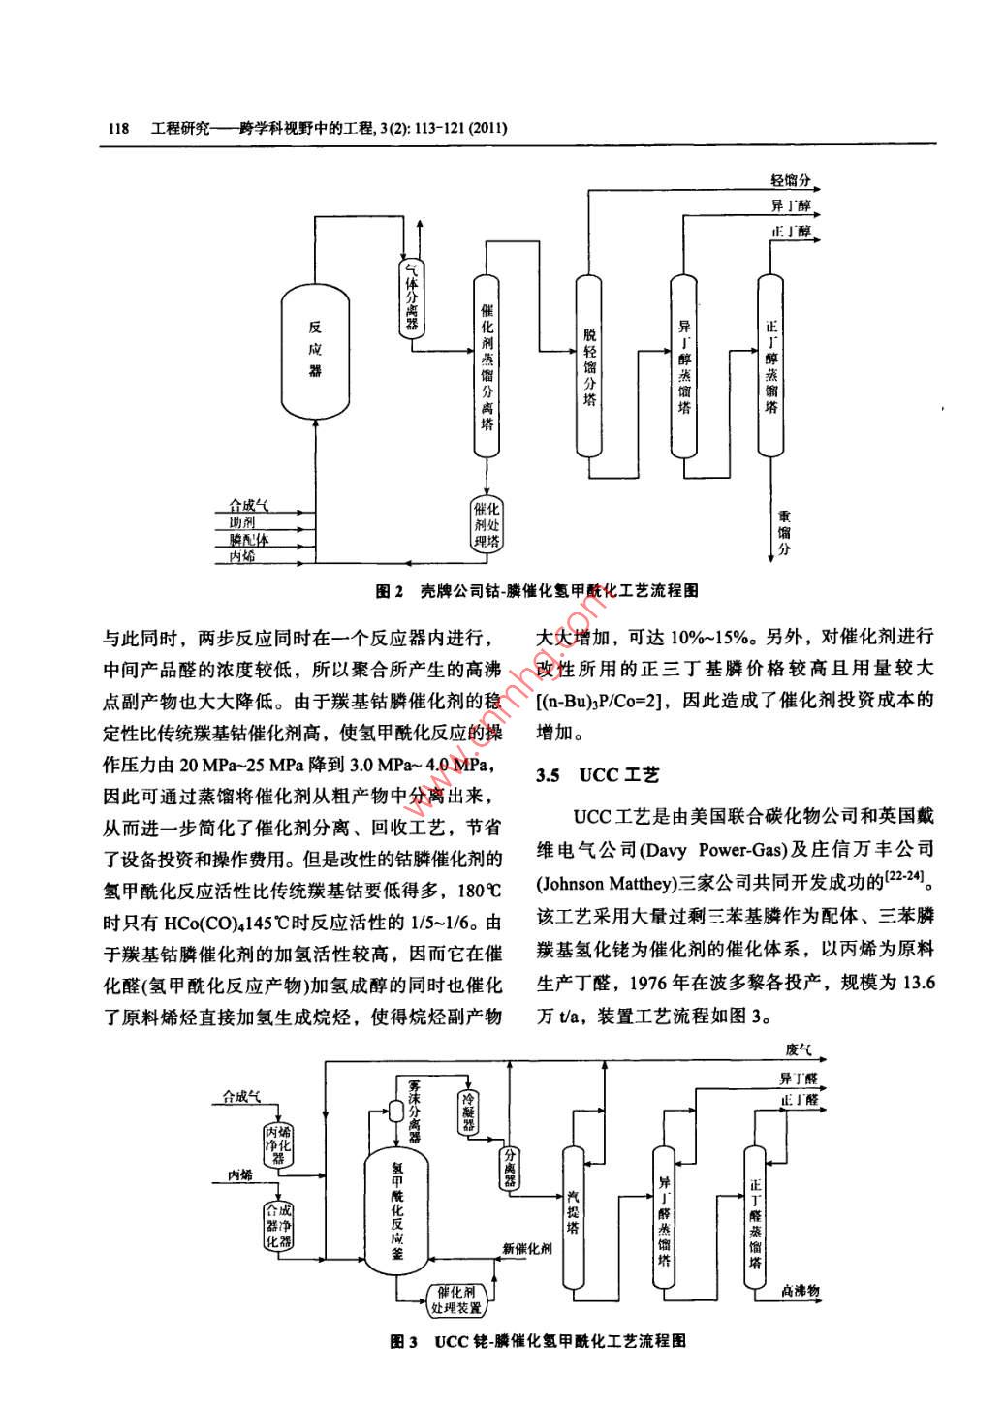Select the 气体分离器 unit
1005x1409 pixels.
(x=412, y=297)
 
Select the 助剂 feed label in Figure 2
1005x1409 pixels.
(x=241, y=522)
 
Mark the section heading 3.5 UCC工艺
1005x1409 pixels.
(x=598, y=775)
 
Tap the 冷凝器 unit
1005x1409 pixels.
(x=470, y=1112)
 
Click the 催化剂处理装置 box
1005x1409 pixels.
(x=455, y=1299)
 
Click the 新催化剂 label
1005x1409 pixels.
(x=528, y=1248)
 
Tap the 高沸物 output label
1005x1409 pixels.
(x=801, y=1290)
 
